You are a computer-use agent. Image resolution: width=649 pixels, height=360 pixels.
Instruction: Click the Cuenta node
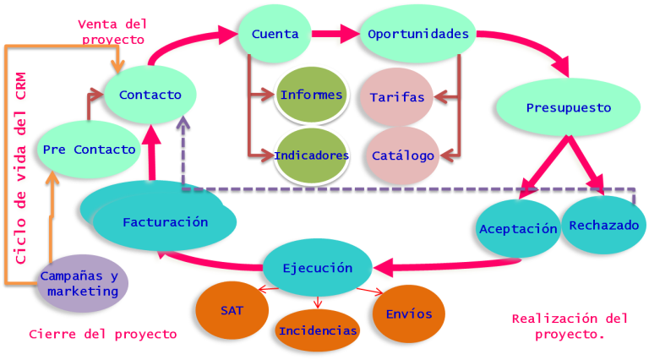pos(275,35)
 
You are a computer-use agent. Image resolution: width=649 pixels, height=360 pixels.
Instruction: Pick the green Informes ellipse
pos(311,95)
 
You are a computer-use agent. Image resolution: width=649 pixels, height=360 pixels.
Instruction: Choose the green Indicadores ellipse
pos(311,155)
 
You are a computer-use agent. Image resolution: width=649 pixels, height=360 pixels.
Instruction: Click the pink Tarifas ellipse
pos(397,97)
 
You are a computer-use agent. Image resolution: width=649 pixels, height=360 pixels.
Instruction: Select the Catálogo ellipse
pos(403,155)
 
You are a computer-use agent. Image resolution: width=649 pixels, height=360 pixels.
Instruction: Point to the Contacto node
pos(150,95)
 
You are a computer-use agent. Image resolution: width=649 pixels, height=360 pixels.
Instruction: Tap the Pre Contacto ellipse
pos(88,150)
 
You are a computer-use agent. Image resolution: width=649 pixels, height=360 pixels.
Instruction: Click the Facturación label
pos(165,223)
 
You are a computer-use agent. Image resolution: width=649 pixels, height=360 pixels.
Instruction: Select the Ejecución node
pos(318,268)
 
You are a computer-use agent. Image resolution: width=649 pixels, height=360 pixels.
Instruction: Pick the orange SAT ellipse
pos(232,310)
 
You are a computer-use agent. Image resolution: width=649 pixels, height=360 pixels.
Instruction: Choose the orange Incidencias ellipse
pos(317,330)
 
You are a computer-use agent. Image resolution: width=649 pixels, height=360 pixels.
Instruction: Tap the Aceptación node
pos(518,229)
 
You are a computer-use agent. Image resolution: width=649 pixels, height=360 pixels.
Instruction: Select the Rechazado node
pos(603,226)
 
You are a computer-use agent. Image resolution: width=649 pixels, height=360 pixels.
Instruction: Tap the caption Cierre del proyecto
pos(102,335)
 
